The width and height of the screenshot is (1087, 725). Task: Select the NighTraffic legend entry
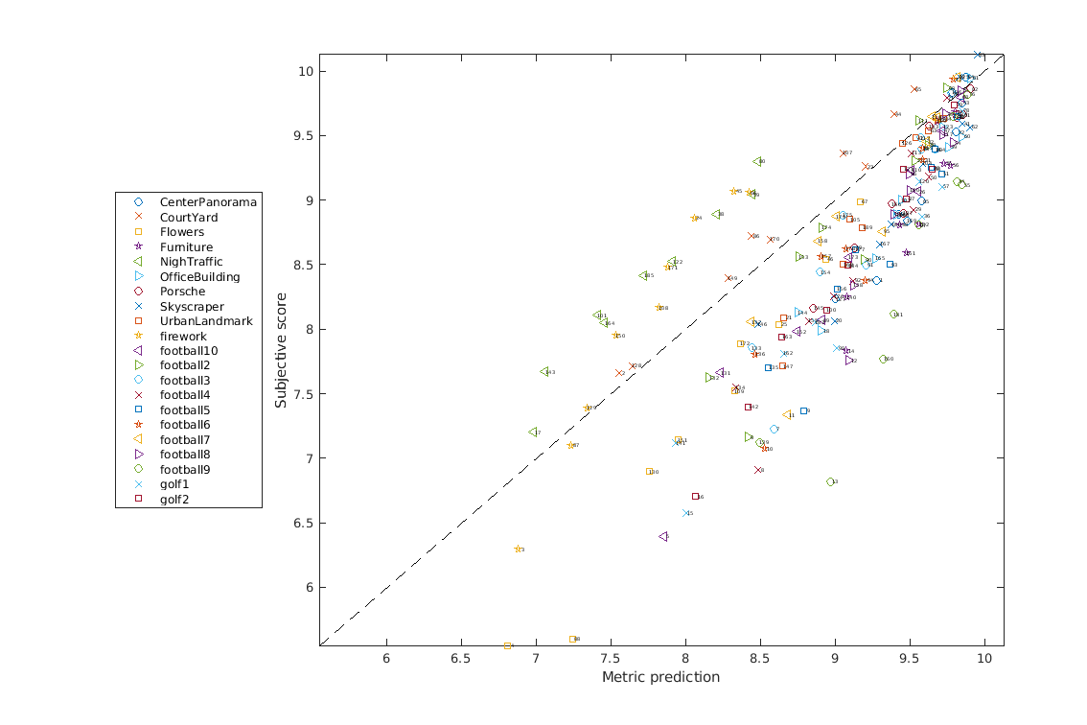pos(191,262)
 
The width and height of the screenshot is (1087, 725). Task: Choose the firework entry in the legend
pos(183,337)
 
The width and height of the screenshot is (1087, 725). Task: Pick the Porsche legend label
pos(181,292)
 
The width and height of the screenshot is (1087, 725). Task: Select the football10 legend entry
pos(189,351)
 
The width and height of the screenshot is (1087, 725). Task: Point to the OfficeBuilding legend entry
pos(199,277)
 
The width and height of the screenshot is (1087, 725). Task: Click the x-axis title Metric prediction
pos(660,677)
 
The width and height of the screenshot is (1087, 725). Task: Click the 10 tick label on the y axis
pos(305,72)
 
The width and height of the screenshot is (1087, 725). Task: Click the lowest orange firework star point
pos(519,550)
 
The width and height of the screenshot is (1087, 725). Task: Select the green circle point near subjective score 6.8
pos(831,482)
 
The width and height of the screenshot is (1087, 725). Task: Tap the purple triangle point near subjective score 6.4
pos(663,537)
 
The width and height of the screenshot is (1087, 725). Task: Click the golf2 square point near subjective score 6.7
pos(695,497)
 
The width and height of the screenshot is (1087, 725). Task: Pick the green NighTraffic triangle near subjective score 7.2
pos(533,433)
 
